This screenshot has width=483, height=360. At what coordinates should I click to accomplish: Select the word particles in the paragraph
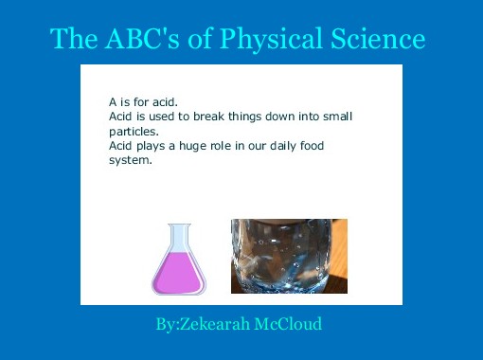(x=133, y=132)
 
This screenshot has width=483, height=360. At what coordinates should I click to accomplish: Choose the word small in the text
(x=334, y=117)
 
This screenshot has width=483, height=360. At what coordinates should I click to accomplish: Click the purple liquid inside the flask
(x=178, y=274)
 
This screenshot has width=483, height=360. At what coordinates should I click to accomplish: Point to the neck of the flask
(x=179, y=237)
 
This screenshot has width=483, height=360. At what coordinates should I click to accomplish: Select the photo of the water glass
(x=289, y=256)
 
